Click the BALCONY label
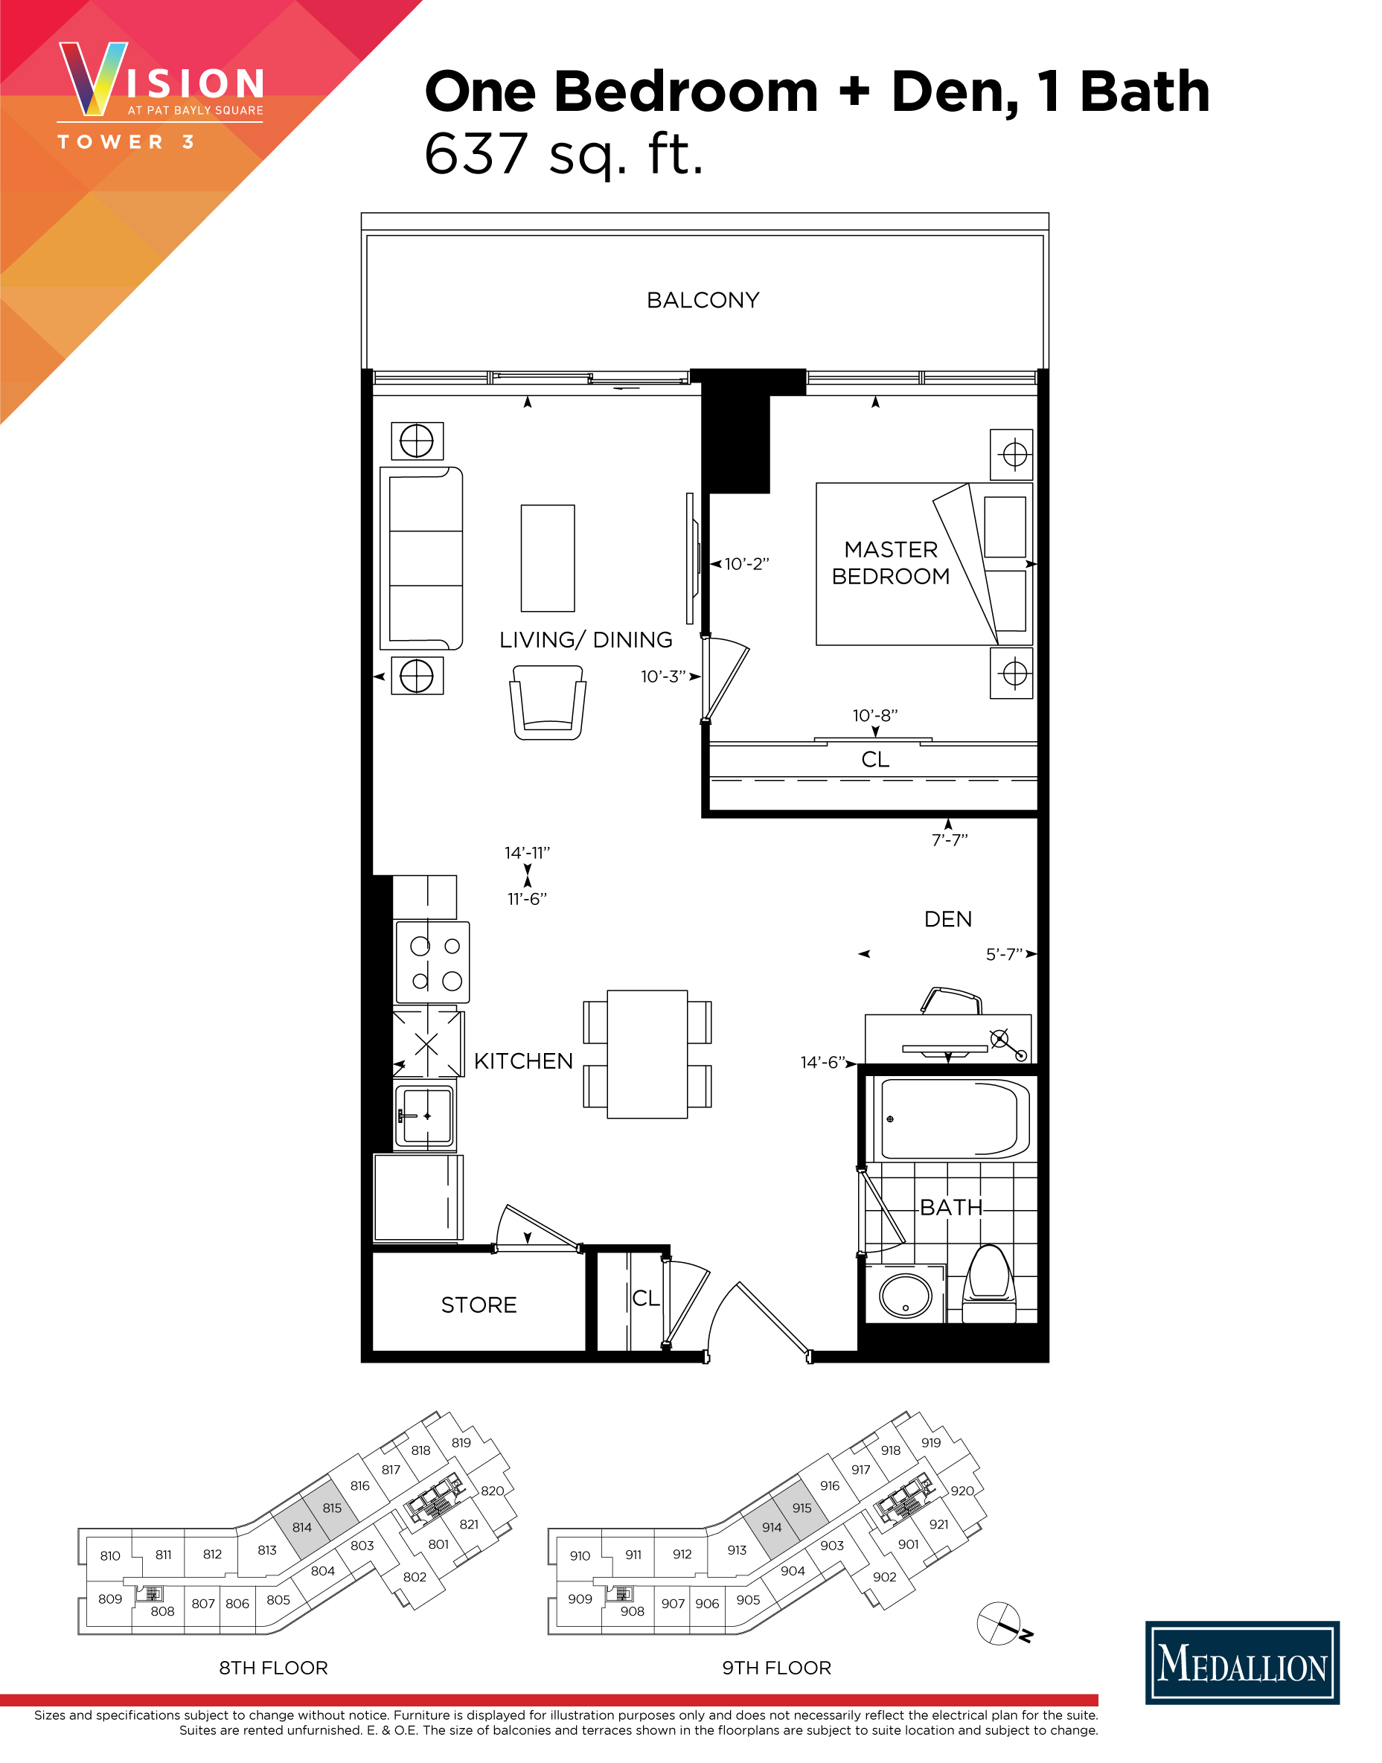click(703, 300)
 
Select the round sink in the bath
click(906, 1296)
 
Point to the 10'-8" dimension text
click(874, 715)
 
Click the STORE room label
click(479, 1305)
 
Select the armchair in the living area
click(548, 702)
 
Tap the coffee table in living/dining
click(548, 558)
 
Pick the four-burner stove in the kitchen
click(432, 963)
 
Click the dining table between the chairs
click(647, 1055)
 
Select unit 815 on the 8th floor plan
click(332, 1508)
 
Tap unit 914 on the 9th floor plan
click(771, 1528)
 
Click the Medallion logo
click(1241, 1663)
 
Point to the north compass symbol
click(1000, 1623)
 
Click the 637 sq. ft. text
click(564, 154)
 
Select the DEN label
click(947, 919)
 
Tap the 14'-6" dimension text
click(822, 1062)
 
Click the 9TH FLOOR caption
click(776, 1668)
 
